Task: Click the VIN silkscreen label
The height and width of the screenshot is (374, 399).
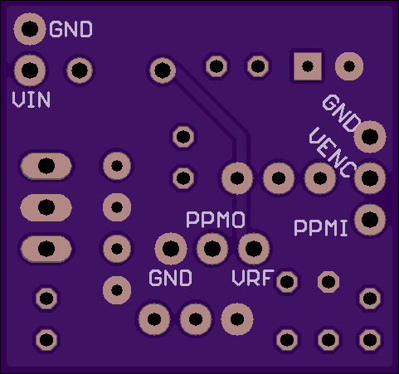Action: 32,100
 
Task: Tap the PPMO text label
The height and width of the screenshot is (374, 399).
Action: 216,220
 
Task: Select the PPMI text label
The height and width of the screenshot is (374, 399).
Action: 320,228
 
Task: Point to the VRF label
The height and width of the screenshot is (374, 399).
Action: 253,278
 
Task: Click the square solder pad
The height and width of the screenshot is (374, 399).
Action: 308,66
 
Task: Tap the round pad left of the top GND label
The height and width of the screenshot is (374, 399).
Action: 30,29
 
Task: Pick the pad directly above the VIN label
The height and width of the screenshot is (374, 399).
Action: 30,70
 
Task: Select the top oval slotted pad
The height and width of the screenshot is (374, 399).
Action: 46,166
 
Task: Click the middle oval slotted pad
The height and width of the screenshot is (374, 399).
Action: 46,207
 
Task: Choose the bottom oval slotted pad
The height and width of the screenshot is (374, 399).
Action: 46,249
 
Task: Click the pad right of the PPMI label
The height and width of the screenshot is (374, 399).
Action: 370,220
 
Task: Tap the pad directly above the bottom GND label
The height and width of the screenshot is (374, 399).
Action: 171,249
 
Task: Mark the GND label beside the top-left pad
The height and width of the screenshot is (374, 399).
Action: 71,29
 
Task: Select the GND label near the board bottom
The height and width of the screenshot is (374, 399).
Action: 170,278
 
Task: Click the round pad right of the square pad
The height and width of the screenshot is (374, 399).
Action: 349,66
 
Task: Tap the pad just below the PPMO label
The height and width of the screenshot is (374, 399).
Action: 212,249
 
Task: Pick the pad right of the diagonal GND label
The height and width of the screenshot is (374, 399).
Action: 370,137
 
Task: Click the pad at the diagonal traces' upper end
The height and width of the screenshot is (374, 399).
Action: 163,70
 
